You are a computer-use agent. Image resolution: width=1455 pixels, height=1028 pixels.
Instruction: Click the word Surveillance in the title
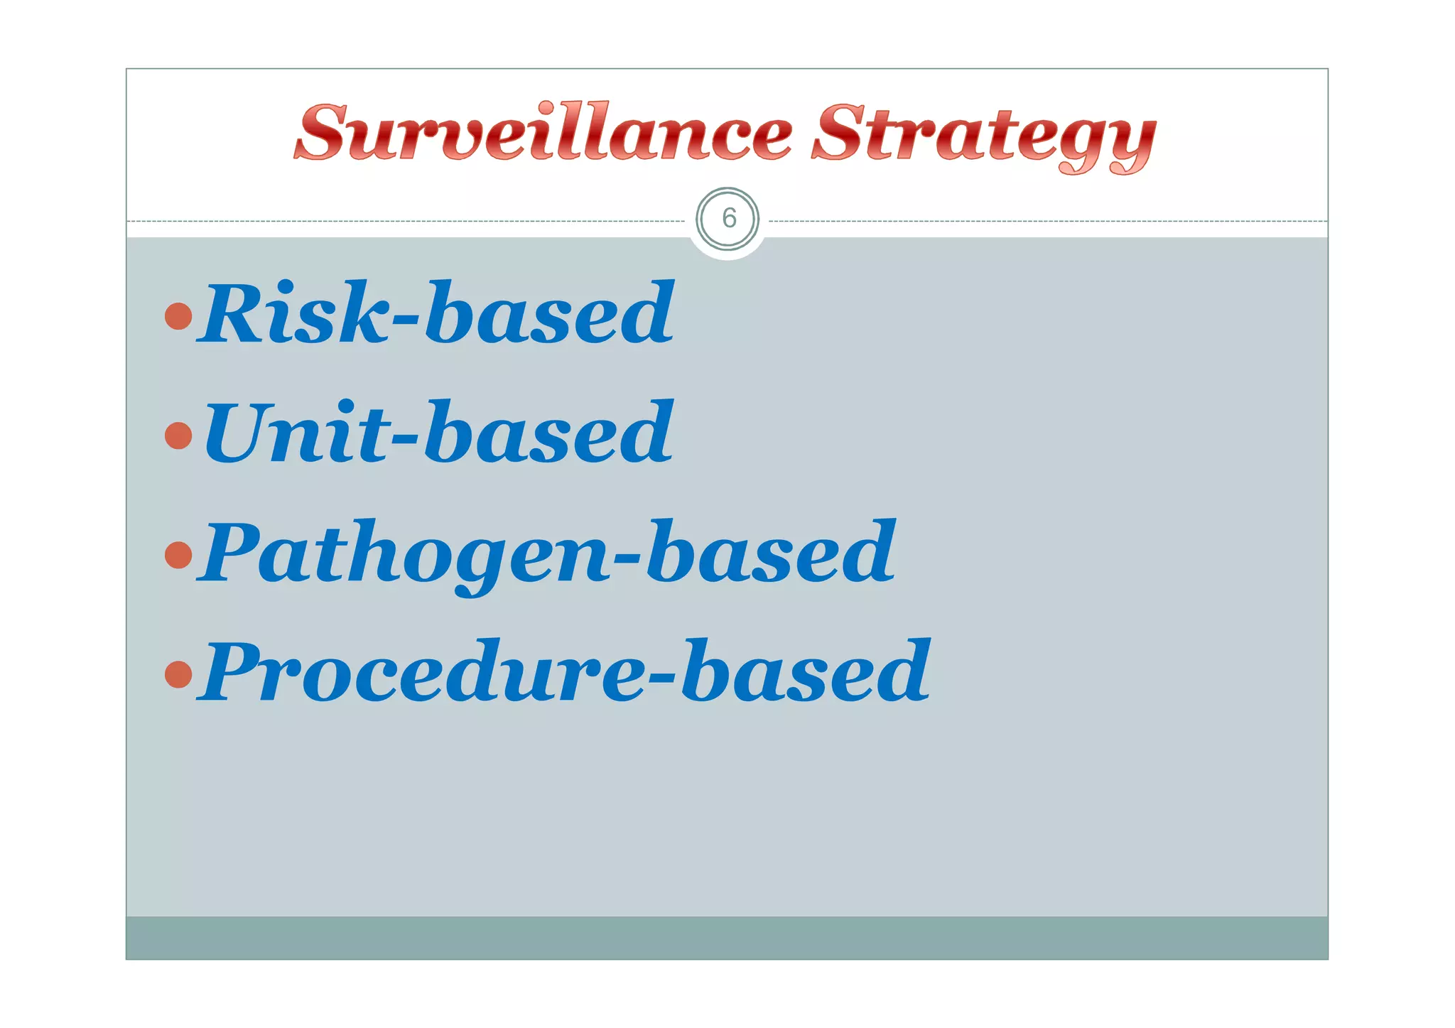543,133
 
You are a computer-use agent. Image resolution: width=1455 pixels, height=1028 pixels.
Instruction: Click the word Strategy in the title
984,135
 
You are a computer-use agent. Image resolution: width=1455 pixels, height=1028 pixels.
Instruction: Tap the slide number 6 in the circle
728,218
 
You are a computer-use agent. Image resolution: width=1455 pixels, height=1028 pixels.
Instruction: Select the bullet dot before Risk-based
178,316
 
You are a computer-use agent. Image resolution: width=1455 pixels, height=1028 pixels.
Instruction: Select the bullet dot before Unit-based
178,435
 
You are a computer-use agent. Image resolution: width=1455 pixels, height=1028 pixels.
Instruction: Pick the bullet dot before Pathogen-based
178,555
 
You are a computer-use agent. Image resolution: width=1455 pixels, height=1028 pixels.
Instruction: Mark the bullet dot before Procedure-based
178,674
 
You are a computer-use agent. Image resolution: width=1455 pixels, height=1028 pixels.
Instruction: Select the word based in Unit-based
548,432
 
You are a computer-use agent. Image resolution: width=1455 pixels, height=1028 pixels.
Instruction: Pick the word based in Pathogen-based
771,551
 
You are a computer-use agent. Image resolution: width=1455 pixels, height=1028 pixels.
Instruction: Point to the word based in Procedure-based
806,671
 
